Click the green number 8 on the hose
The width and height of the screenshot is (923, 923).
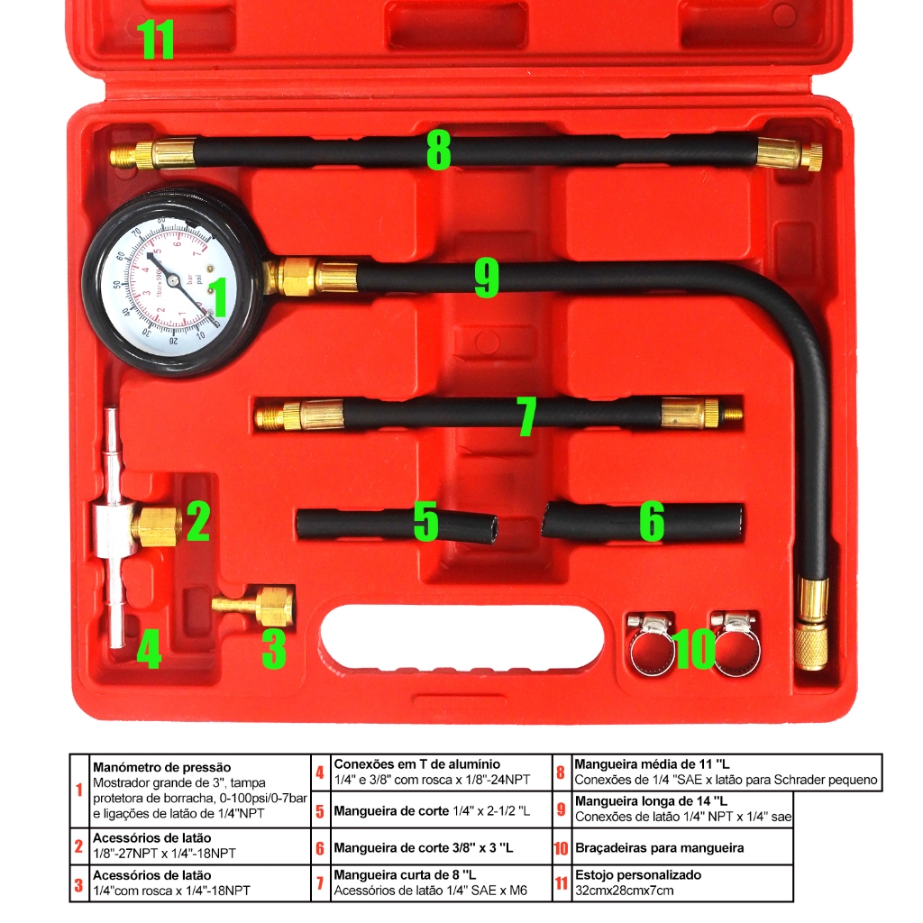[438, 151]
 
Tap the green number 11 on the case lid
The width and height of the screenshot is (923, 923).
[155, 40]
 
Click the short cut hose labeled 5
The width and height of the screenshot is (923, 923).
[397, 525]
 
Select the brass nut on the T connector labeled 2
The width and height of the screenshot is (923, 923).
[155, 525]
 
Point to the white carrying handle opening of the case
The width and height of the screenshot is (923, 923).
[461, 638]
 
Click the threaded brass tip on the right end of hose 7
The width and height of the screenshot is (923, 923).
[732, 416]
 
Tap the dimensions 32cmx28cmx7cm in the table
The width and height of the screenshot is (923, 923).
[624, 891]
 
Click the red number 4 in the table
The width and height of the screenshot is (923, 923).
[320, 773]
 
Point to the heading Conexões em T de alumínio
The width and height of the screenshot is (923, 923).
[416, 763]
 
